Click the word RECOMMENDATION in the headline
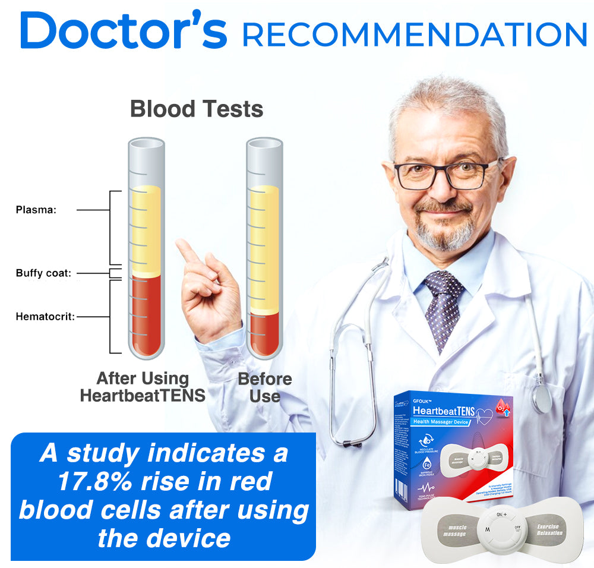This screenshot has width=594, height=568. (x=414, y=35)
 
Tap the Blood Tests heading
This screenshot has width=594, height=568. (x=196, y=109)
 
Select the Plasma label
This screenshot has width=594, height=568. (x=36, y=210)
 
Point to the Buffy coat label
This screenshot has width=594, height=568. (x=43, y=273)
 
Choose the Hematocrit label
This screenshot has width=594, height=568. (x=45, y=317)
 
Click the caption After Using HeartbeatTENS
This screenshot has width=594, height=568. (x=143, y=387)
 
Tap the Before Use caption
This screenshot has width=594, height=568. (x=265, y=387)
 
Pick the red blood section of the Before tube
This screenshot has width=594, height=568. (x=264, y=333)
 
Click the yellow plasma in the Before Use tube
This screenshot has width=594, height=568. (x=264, y=250)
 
